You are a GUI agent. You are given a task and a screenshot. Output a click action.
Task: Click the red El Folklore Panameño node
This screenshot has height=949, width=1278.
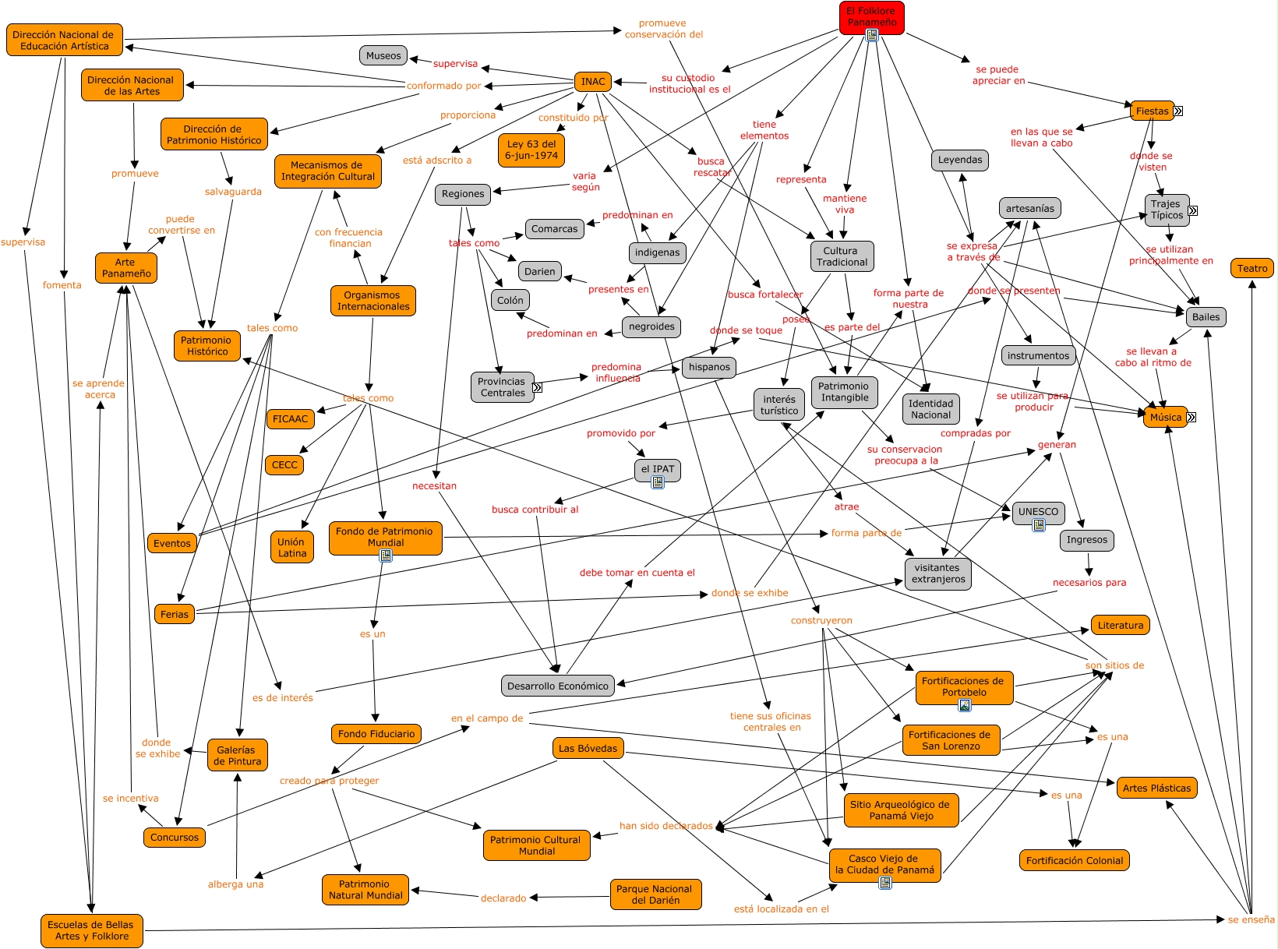tap(871, 16)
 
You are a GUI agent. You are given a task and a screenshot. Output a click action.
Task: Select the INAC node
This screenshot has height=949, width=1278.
tap(593, 82)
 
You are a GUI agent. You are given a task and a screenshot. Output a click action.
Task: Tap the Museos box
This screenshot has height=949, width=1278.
tap(383, 55)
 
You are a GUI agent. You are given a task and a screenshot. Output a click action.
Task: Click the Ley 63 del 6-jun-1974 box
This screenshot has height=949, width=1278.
tap(531, 150)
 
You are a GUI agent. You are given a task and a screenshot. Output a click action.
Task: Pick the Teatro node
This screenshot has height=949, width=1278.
tap(1252, 269)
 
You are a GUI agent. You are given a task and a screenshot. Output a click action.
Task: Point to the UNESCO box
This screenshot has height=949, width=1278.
tap(1038, 512)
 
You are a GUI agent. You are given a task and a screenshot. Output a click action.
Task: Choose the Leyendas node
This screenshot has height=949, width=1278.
tap(960, 160)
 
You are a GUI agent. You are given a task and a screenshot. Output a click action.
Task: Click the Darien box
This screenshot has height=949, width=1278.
tap(539, 271)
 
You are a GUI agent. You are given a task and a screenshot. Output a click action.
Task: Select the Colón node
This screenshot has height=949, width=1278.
tap(510, 300)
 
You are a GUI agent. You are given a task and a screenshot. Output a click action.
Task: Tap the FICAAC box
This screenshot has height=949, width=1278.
tap(290, 419)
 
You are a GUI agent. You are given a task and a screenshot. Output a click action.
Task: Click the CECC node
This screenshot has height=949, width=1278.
tap(284, 465)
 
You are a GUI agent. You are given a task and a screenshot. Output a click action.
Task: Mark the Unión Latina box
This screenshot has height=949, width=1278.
tap(292, 547)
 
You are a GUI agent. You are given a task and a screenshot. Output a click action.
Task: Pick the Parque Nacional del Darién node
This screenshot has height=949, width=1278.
tap(655, 894)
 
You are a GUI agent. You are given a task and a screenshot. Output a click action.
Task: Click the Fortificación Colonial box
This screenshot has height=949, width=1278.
tap(1074, 860)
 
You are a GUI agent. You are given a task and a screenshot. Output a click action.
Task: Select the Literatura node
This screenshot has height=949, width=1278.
tap(1120, 625)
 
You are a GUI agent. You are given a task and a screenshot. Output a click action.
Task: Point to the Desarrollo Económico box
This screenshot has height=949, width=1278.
tap(557, 686)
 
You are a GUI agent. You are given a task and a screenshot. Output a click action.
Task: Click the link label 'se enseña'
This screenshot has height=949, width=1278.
tap(1251, 919)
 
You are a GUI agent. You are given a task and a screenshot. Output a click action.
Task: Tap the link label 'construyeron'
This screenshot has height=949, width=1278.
tap(821, 621)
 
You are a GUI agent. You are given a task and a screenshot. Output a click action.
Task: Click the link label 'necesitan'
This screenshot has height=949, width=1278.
tap(434, 486)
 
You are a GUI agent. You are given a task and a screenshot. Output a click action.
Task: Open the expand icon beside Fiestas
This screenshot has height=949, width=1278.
tap(1178, 111)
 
